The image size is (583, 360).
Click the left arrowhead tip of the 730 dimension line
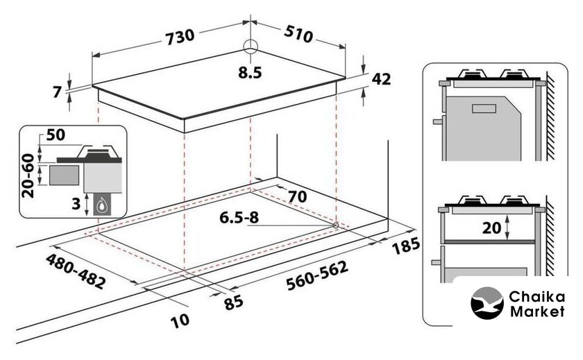92,56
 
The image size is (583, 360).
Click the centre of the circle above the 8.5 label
251,46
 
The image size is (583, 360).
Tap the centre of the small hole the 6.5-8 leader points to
336,225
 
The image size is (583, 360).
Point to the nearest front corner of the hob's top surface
184,119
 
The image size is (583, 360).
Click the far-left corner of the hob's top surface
92,86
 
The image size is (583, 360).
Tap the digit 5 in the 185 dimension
414,243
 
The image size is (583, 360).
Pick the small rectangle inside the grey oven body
484,108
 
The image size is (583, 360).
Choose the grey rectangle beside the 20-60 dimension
64,175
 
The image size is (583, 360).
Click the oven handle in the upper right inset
439,121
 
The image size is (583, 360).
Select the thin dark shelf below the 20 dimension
489,242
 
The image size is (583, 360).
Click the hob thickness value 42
382,79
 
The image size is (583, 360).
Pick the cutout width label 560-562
317,275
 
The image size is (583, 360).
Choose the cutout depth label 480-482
76,271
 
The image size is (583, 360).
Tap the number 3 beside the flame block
76,204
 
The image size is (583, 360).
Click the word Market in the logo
537,311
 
